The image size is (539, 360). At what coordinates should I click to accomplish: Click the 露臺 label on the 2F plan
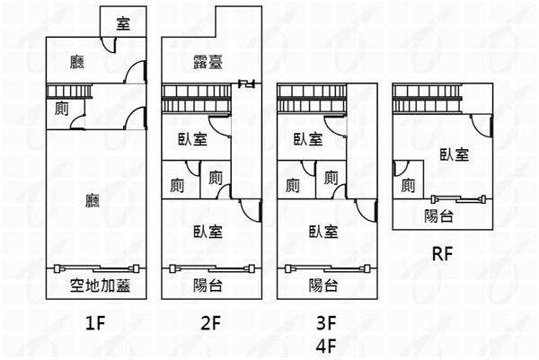[208, 63]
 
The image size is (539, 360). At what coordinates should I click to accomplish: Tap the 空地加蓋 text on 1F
[94, 286]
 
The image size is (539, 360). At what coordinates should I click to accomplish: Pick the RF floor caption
[441, 253]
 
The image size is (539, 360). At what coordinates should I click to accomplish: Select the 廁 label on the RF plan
[409, 186]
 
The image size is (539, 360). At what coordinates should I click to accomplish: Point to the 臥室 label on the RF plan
[454, 154]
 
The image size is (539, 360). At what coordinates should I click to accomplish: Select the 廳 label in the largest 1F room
[93, 199]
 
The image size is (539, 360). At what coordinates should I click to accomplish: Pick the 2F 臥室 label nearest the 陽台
[208, 231]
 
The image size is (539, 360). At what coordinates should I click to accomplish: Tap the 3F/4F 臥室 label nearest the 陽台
[323, 231]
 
